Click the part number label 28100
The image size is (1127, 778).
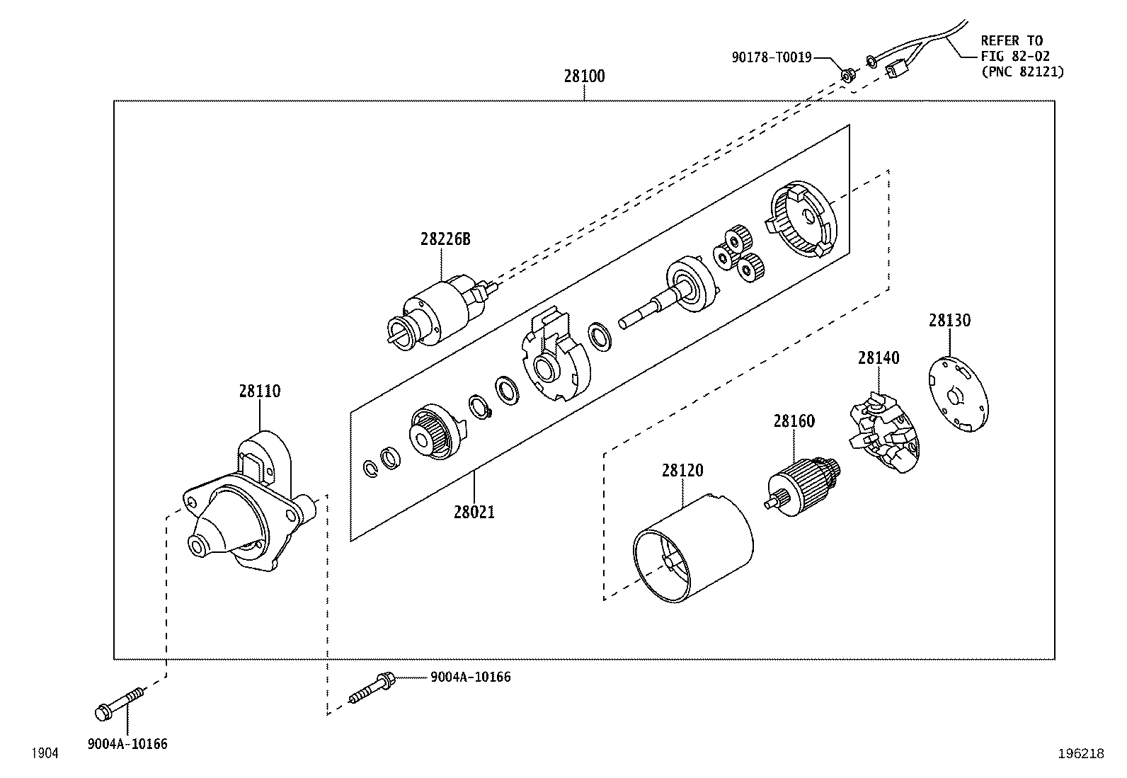(x=584, y=76)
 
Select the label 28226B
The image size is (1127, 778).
(x=445, y=239)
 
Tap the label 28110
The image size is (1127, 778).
(x=260, y=391)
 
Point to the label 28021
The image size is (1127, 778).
(x=474, y=513)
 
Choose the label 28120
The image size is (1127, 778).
(x=682, y=471)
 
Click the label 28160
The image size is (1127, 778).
(x=794, y=421)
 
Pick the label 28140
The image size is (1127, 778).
(x=879, y=358)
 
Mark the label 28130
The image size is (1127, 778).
(x=949, y=321)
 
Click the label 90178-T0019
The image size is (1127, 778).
(x=772, y=58)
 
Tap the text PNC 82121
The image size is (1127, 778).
(x=1026, y=72)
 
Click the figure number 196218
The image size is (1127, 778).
(x=1081, y=753)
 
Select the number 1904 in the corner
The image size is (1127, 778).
(x=45, y=753)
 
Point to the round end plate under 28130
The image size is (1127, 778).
(x=958, y=394)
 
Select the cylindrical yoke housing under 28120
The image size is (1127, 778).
(x=693, y=549)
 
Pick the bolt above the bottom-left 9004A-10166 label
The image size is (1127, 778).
(x=120, y=704)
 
